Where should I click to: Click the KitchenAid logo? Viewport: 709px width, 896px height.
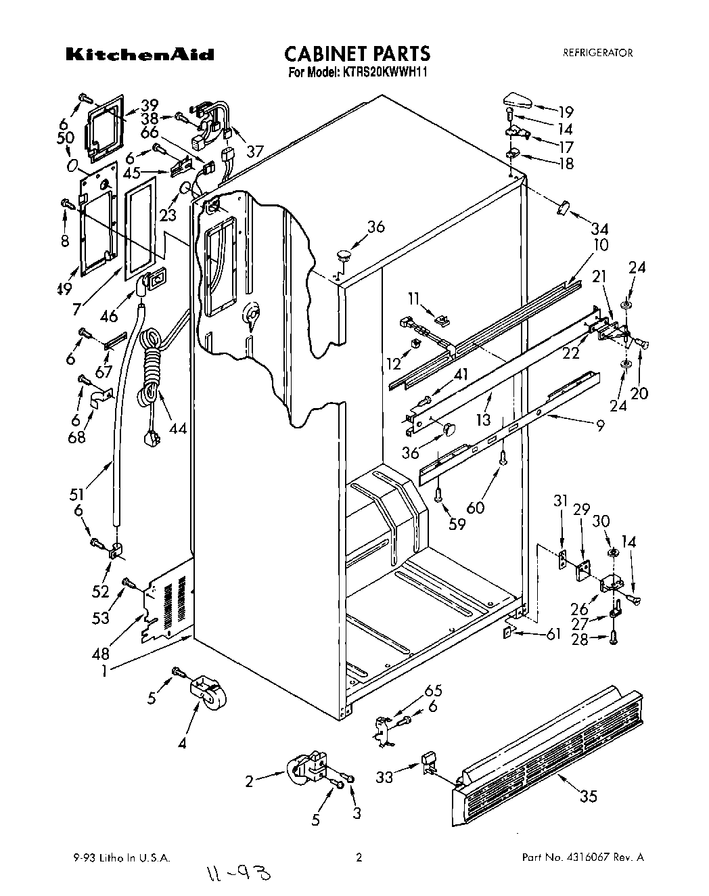tap(139, 55)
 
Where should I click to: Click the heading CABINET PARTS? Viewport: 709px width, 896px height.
tap(356, 53)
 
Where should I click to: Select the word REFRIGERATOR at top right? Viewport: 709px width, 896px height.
tap(597, 53)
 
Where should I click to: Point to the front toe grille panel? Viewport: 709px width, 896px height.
tap(548, 751)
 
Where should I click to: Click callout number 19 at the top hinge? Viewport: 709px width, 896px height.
tap(565, 112)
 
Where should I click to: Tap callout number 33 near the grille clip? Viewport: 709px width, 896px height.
tap(384, 778)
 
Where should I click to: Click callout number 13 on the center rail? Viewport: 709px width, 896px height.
tap(482, 420)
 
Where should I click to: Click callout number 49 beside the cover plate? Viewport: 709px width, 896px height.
tap(66, 290)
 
